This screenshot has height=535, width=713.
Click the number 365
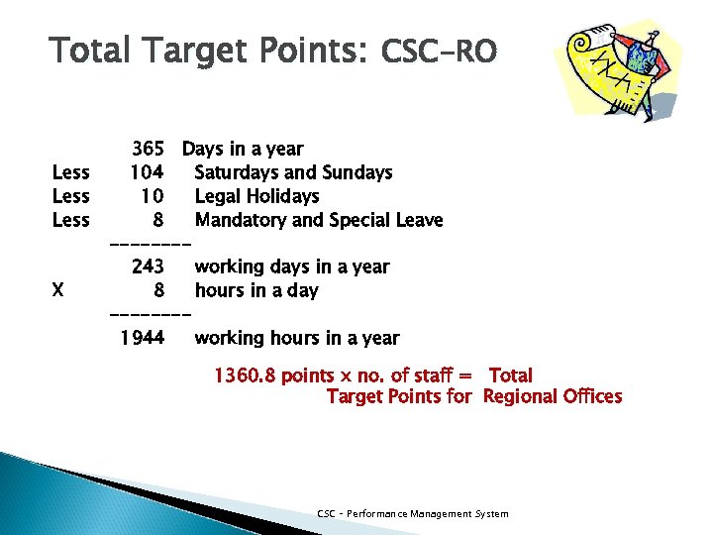[149, 150]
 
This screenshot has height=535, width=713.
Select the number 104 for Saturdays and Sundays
[147, 173]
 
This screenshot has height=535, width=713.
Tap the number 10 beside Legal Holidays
[152, 197]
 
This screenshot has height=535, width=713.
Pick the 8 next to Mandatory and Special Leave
[157, 220]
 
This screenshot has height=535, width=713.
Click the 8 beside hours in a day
[158, 291]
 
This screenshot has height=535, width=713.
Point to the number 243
[148, 267]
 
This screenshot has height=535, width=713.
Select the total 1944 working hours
[142, 339]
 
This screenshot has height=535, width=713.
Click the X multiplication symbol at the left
[58, 291]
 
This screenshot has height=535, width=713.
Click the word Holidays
[280, 197]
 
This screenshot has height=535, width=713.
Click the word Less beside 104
[70, 173]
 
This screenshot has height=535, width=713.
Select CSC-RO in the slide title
[439, 52]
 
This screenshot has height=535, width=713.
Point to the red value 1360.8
[246, 376]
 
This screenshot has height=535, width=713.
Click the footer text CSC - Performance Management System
[413, 513]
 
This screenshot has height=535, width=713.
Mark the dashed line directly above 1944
[149, 315]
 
